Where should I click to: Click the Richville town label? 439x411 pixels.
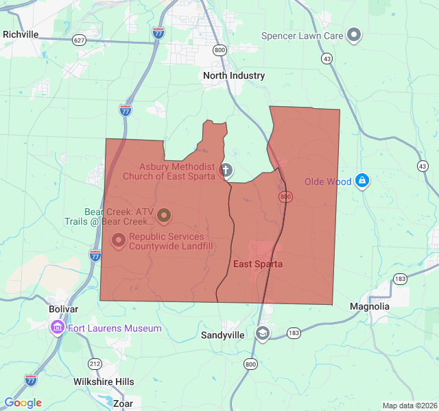(x=21, y=34)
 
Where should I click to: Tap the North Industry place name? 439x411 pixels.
(x=234, y=76)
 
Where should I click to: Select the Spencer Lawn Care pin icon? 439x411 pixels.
(x=354, y=34)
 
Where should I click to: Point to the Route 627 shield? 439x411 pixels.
(x=80, y=40)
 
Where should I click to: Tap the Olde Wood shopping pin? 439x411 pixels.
(x=362, y=181)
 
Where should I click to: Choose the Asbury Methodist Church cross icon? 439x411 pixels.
(x=226, y=170)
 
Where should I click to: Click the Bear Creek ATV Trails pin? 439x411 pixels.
(x=164, y=216)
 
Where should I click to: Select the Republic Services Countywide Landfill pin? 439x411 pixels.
(x=119, y=240)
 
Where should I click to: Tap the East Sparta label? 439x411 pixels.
(x=258, y=264)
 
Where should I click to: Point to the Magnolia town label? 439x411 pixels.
(x=370, y=306)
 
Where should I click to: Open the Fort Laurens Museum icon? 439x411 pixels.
(x=57, y=328)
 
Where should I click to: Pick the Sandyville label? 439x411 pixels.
(x=222, y=335)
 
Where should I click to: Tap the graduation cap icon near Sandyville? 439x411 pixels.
(x=262, y=333)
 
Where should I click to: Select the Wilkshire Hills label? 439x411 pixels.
(x=104, y=382)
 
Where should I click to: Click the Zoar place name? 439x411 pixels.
(x=123, y=403)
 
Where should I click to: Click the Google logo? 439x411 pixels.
(x=23, y=403)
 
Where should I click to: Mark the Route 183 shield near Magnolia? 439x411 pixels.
(x=401, y=278)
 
